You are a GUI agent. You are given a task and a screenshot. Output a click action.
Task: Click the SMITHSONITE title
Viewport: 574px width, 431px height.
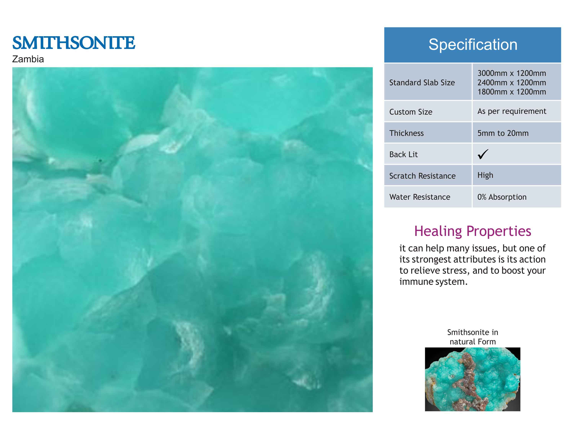tap(74, 43)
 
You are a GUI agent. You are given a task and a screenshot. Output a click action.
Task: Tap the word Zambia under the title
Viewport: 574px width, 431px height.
tap(28, 59)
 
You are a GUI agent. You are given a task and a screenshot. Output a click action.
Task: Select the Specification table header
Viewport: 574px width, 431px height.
tap(473, 45)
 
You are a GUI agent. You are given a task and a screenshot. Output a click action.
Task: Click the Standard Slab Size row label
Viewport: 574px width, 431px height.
tap(422, 83)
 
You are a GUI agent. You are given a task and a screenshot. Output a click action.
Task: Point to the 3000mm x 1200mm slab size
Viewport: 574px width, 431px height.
tap(512, 73)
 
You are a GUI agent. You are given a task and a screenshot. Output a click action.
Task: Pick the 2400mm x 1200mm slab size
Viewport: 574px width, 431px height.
tap(512, 83)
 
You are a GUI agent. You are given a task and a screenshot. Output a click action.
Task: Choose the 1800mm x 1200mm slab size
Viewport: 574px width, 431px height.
tap(512, 92)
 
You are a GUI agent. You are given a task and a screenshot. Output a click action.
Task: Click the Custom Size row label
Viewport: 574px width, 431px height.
tap(411, 112)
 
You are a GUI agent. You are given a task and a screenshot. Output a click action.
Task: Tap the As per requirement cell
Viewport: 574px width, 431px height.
tap(512, 111)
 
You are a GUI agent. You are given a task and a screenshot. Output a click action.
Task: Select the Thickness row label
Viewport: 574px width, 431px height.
tap(406, 133)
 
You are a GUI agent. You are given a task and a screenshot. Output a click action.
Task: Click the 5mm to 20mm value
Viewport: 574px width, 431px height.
tap(503, 133)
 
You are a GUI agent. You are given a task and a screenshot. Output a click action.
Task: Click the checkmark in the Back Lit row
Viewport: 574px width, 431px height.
tap(483, 154)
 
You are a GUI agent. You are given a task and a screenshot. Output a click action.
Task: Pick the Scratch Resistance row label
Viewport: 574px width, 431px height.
tap(422, 176)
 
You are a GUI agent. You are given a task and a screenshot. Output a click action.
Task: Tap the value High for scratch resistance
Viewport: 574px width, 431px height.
tap(485, 175)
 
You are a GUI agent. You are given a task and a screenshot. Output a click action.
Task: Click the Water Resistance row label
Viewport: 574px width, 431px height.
tap(420, 197)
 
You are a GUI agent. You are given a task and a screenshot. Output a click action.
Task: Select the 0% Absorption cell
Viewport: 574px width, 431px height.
tap(502, 197)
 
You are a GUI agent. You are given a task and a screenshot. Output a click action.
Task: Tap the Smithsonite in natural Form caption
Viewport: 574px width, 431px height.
tap(473, 337)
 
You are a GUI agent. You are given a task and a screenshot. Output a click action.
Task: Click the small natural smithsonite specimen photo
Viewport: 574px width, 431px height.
tap(473, 379)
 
